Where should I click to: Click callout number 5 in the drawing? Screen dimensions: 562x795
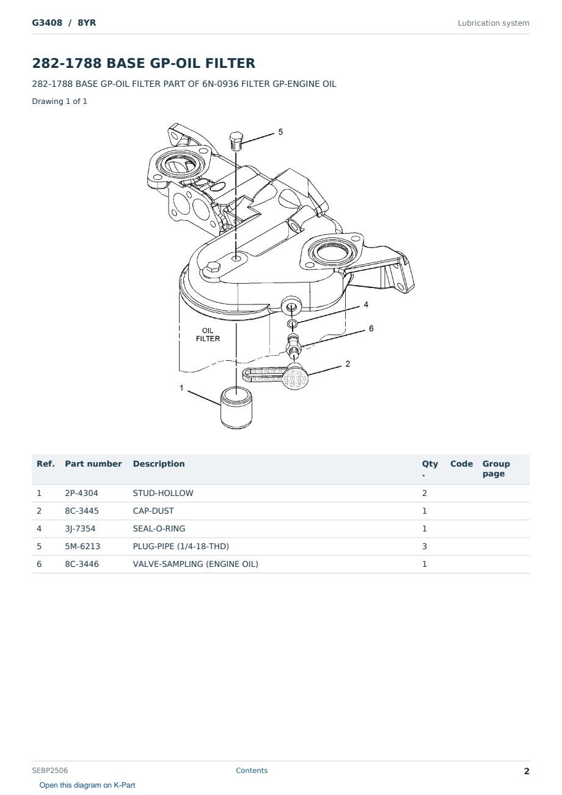tap(280, 132)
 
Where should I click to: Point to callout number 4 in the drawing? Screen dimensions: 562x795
tap(366, 305)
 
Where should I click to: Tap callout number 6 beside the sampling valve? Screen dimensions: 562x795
tap(371, 328)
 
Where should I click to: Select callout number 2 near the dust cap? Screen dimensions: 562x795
tap(348, 364)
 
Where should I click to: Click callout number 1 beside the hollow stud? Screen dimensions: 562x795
tap(181, 388)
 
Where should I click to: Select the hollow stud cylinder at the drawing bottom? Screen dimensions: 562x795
tap(236, 407)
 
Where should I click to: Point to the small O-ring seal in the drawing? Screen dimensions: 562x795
tap(292, 324)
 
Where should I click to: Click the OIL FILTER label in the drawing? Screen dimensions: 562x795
tap(208, 335)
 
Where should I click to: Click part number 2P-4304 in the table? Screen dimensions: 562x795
tap(82, 494)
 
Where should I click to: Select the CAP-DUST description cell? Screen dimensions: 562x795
tap(153, 511)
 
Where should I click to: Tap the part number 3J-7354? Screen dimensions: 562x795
tap(80, 529)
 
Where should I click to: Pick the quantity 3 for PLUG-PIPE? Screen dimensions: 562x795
tap(425, 547)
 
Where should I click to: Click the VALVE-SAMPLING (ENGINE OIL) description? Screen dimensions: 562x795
tap(195, 564)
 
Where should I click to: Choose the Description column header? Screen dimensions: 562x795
tap(159, 464)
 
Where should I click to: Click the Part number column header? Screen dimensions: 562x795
tap(93, 464)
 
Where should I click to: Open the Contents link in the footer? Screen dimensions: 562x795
tap(252, 771)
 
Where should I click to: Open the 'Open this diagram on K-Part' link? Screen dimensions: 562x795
tap(87, 785)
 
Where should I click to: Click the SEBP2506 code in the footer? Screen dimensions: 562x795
tap(50, 771)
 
